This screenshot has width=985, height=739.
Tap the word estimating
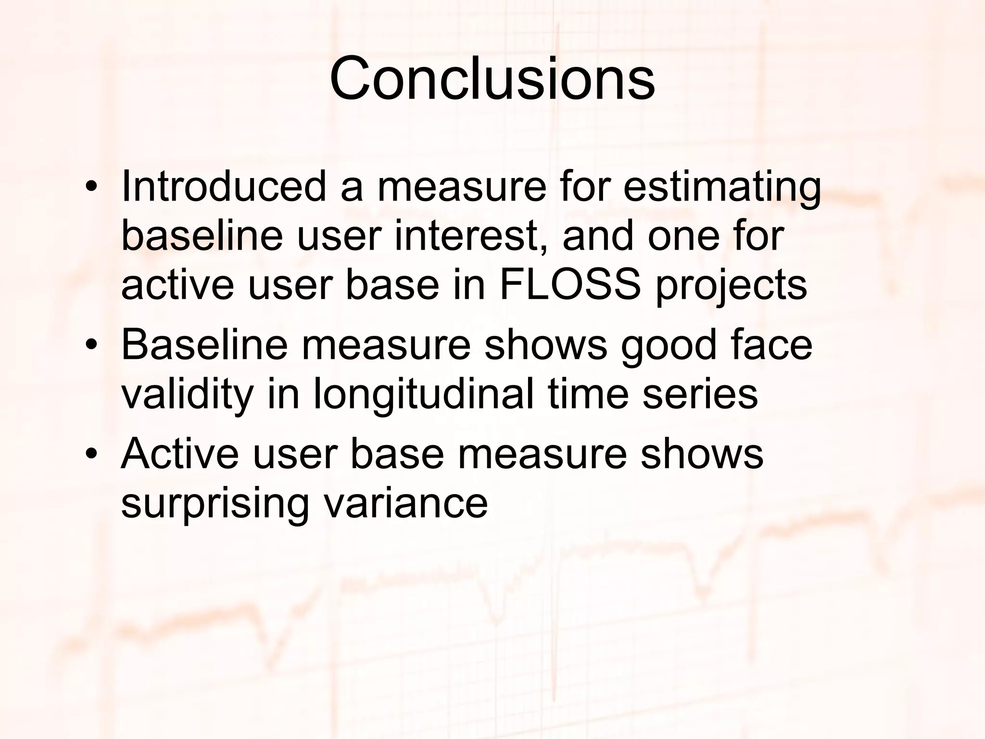[722, 187]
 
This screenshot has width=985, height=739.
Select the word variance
[406, 503]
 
